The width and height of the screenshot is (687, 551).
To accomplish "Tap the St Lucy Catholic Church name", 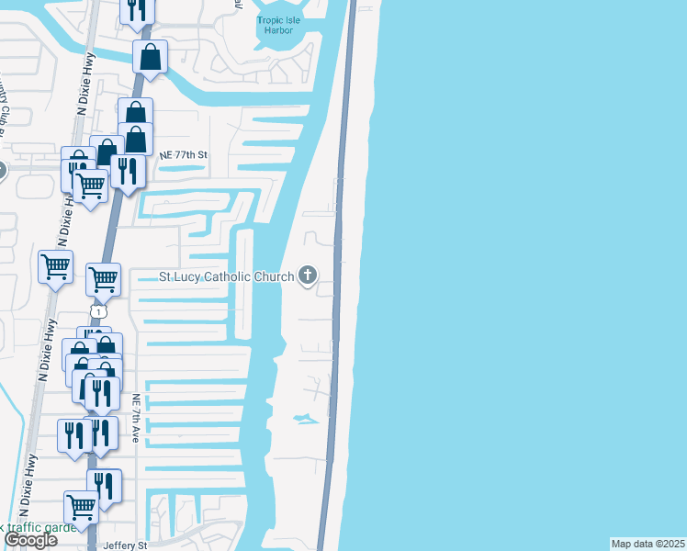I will [226, 275].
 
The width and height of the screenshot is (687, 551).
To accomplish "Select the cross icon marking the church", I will [307, 275].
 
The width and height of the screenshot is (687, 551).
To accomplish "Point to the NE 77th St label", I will [179, 155].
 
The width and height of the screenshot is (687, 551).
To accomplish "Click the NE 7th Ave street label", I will [136, 418].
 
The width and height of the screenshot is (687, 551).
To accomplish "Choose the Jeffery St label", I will [126, 545].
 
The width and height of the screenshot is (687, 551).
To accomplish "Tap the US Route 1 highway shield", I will [96, 312].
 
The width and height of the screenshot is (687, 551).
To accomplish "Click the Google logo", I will [30, 540].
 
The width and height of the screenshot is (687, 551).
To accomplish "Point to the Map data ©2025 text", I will [648, 544].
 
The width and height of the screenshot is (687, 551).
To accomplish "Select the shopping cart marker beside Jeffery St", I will [82, 506].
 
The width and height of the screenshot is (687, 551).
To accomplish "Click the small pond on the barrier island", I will [303, 420].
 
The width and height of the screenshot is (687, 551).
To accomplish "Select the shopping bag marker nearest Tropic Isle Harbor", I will [150, 57].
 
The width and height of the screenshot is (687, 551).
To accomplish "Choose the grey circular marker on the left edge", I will [2, 170].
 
